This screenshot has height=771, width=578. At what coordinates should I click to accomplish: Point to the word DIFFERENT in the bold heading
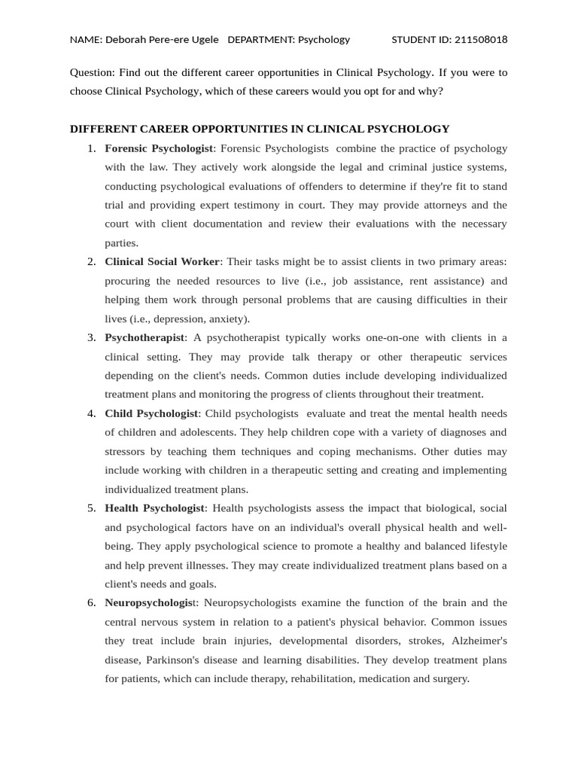click(101, 129)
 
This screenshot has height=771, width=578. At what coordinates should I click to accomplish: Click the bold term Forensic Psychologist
click(160, 148)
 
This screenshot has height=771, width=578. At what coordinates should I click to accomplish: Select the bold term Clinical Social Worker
click(162, 261)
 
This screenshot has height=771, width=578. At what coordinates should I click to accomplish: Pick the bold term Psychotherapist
click(144, 337)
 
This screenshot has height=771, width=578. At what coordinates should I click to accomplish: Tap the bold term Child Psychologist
click(151, 413)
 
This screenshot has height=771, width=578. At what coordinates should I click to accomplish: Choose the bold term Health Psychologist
click(154, 507)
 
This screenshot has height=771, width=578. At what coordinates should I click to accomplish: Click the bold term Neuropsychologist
click(150, 602)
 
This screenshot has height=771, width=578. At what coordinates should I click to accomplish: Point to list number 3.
click(91, 337)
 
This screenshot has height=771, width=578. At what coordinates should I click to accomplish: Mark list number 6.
click(91, 602)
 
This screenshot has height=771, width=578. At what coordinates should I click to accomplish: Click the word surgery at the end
click(449, 678)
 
